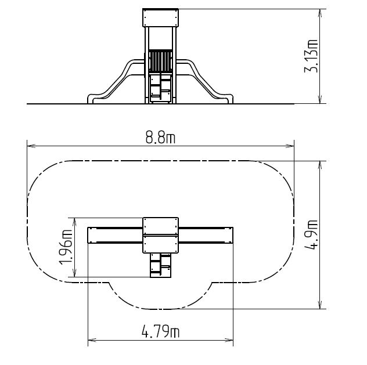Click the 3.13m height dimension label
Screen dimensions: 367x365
click(311, 56)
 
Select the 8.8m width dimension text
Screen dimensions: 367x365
click(160, 138)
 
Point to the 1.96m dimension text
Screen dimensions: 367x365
click(66, 247)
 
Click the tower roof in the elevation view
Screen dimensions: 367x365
click(160, 18)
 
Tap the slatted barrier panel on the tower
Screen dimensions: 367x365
click(160, 61)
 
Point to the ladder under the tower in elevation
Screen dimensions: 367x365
click(160, 88)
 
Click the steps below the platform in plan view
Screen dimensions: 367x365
click(160, 265)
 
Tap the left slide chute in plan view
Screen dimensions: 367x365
click(115, 235)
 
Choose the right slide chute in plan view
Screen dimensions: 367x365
click(206, 235)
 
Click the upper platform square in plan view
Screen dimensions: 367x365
click(160, 226)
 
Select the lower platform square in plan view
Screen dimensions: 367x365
click(160, 244)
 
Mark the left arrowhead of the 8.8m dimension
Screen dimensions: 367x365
click(30, 146)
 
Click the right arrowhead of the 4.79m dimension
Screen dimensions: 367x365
click(229, 340)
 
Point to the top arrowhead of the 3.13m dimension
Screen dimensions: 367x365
click(321, 13)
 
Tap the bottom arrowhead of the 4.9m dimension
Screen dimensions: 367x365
click(321, 305)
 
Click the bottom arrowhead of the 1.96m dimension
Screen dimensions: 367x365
click(74, 273)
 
